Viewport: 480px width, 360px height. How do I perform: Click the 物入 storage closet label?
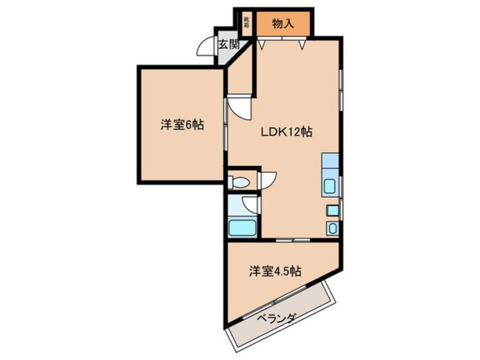point(282,24)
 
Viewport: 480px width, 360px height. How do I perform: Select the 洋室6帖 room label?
point(181,125)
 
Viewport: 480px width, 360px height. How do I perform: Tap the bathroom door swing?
point(249,205)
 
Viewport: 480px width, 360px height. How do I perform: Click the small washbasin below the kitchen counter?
point(332,228)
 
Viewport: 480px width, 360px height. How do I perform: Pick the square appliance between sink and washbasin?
point(332,211)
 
